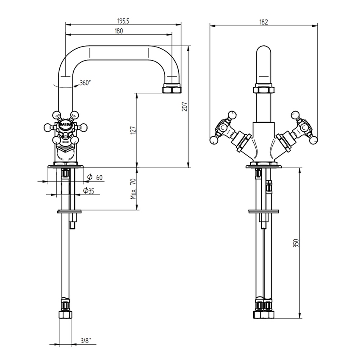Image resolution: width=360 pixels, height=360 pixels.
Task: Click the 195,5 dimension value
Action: point(123,19)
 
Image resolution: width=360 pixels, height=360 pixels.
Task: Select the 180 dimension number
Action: point(119,30)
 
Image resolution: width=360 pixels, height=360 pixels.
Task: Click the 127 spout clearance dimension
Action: point(133,130)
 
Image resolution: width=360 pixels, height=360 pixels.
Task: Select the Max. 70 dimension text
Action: point(133,189)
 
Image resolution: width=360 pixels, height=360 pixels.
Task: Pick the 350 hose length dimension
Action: point(296,244)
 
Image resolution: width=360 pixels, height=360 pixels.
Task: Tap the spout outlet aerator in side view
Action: point(172,89)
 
